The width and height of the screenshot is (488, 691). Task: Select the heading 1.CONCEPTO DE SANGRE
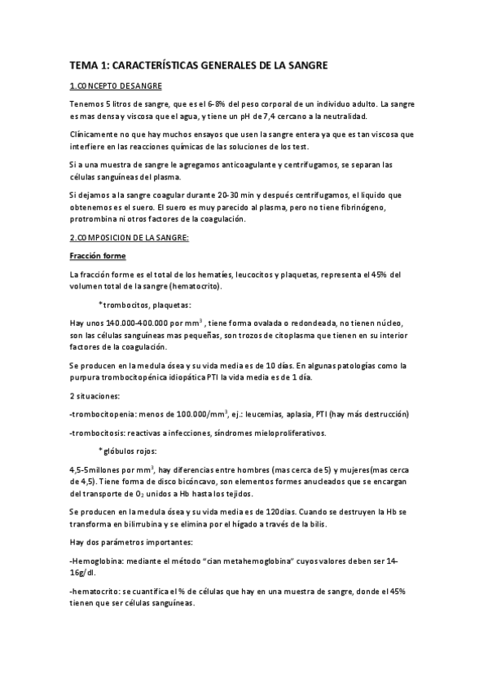tap(116, 86)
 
